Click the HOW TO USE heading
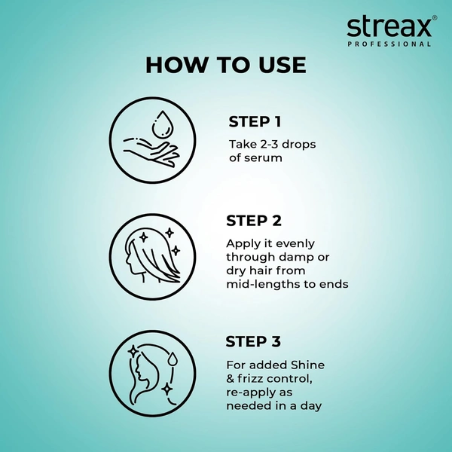[x=226, y=65]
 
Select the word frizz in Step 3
[x=254, y=378]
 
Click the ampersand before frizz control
[x=231, y=378]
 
